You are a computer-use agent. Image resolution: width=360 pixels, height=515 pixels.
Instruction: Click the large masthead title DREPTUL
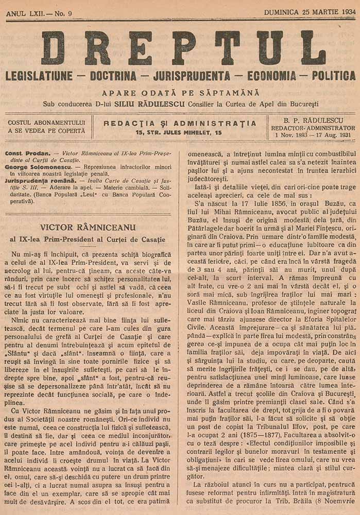point(183,48)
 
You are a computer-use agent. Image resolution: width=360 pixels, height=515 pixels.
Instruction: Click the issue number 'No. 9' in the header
point(60,13)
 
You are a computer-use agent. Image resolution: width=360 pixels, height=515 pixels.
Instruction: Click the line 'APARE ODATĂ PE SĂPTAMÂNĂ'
point(180,93)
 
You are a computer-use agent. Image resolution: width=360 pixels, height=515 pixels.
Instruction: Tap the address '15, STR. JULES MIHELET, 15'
point(179,132)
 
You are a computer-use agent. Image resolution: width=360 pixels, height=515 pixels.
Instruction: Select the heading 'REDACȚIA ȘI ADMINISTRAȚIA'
point(179,123)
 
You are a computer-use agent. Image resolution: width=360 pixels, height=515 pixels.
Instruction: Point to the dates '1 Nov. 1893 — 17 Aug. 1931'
point(313,135)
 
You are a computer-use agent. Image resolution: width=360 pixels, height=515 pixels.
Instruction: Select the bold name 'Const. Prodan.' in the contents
point(26,153)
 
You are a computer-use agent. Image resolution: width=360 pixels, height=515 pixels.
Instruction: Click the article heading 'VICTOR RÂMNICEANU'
point(87,226)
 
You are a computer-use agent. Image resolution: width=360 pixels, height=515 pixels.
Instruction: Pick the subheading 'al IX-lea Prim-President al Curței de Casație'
point(87,239)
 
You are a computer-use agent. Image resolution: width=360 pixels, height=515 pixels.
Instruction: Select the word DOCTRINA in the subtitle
point(113,76)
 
